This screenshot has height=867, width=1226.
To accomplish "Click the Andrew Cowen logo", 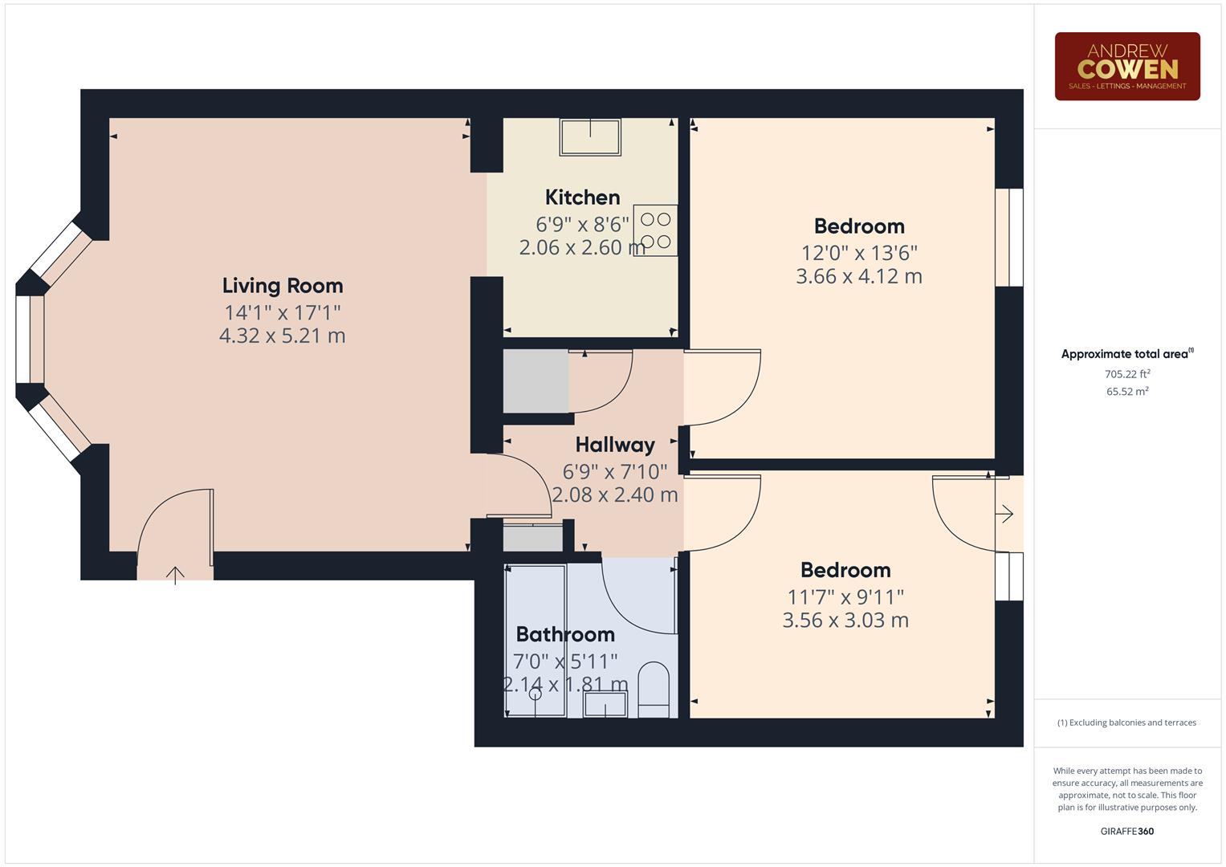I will [x=1126, y=67].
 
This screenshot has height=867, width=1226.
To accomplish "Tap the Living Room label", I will [x=283, y=286].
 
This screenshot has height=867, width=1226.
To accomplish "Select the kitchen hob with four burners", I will [x=655, y=230].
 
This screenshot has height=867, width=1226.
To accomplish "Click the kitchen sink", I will [x=590, y=136].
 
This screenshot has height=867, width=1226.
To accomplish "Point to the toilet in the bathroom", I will [x=653, y=690].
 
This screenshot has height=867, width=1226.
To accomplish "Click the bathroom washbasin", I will [x=605, y=705].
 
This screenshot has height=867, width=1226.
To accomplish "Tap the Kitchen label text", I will [x=582, y=197].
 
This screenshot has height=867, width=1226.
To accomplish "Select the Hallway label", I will [x=615, y=445].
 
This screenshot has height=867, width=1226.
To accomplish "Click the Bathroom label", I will [x=565, y=634].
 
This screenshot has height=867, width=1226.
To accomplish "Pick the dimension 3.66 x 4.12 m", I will [x=858, y=277].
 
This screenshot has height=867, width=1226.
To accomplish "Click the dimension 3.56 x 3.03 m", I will [x=845, y=621].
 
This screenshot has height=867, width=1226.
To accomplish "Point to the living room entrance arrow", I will [x=175, y=574].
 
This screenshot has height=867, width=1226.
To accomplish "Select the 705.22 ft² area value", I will [x=1126, y=374].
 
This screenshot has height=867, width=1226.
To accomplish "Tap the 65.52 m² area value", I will [x=1126, y=392].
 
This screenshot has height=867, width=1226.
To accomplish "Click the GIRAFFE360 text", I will [x=1126, y=831].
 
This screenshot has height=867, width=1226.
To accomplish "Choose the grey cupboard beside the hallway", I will [x=536, y=381].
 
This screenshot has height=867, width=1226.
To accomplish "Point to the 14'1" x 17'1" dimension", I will [x=283, y=312].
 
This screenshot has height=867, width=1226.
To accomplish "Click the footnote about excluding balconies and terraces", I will [x=1126, y=722].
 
